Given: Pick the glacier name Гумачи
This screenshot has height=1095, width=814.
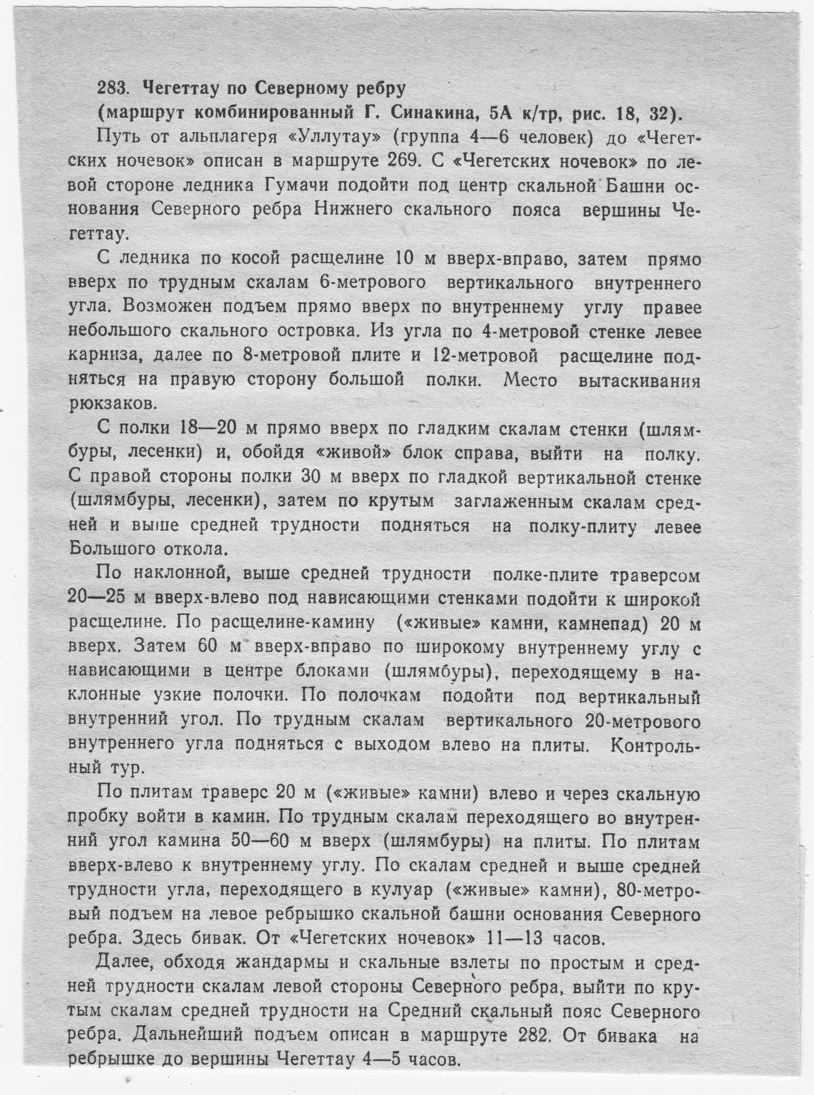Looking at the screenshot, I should (x=296, y=186).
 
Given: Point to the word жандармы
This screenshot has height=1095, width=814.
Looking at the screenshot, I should (x=282, y=963).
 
